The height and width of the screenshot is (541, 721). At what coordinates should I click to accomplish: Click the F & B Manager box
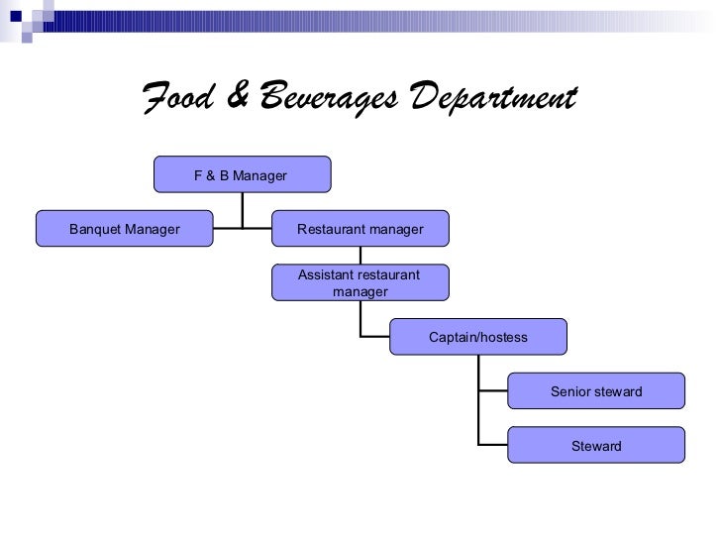pyautogui.click(x=242, y=175)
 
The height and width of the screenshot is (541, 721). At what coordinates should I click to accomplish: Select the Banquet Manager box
pyautogui.click(x=124, y=229)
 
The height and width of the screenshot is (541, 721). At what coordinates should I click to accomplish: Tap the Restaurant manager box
pyautogui.click(x=360, y=229)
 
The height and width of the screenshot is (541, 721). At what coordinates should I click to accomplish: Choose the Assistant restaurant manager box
pyautogui.click(x=360, y=282)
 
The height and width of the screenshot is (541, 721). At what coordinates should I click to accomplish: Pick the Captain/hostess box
pyautogui.click(x=478, y=337)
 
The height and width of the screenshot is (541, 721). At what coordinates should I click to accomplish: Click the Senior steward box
pyautogui.click(x=596, y=391)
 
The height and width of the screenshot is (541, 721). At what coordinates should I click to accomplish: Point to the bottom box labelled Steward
pyautogui.click(x=596, y=446)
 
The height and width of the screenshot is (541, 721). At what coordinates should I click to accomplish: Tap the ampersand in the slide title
pyautogui.click(x=236, y=99)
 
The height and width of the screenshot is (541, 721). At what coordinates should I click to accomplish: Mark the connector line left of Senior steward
pyautogui.click(x=493, y=391)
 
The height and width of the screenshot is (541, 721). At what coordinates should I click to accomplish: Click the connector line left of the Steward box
pyautogui.click(x=493, y=445)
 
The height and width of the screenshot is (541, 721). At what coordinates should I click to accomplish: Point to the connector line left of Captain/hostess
pyautogui.click(x=375, y=337)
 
